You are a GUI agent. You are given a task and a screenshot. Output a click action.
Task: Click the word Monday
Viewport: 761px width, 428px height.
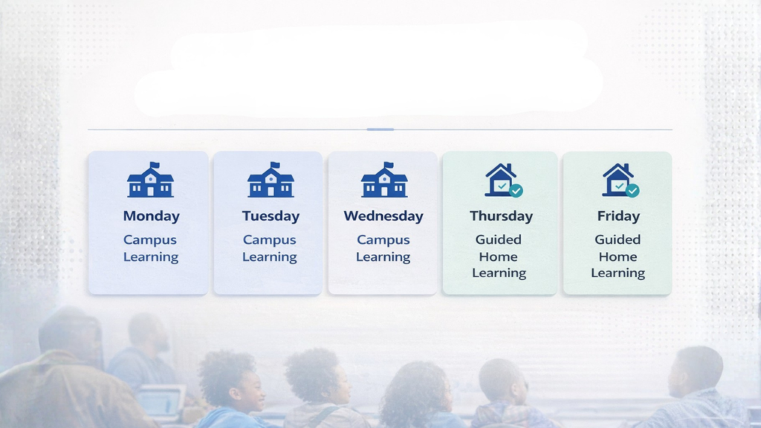[151, 216]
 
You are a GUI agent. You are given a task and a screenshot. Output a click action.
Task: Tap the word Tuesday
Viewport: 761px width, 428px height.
[271, 216]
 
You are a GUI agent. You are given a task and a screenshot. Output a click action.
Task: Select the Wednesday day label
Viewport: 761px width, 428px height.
[383, 216]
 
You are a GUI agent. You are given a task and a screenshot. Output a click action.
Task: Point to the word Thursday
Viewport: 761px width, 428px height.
[502, 216]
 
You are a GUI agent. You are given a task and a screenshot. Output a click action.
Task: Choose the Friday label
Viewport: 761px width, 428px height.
[618, 216]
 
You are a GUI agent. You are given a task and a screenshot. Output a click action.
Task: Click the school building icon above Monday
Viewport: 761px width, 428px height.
[150, 180]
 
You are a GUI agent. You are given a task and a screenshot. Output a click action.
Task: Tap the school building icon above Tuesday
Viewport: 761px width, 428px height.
[271, 180]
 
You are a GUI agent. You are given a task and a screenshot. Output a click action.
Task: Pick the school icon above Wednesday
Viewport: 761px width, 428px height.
[384, 180]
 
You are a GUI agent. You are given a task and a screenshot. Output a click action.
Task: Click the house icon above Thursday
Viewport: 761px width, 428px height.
[503, 180]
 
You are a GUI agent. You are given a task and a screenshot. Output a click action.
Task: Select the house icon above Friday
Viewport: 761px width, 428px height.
[621, 180]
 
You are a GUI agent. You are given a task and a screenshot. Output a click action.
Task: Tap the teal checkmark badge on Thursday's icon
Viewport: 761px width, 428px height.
[516, 191]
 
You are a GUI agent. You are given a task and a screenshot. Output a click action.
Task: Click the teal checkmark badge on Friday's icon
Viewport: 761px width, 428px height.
[632, 191]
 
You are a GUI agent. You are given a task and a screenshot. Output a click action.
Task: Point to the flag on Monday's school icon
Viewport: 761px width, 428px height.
[155, 165]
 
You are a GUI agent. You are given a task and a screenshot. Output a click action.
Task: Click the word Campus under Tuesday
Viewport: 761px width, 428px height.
[269, 240]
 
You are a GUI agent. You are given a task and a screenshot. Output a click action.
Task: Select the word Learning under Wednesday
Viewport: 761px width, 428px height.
[383, 256]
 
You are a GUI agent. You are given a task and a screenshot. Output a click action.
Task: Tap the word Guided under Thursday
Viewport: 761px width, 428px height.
[499, 240]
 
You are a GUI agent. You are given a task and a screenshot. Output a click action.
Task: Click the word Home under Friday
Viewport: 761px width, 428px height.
[618, 256]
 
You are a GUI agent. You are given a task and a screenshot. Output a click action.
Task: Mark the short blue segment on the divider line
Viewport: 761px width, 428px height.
[380, 129]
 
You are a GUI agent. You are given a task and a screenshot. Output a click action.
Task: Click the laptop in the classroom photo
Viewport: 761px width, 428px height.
[161, 402]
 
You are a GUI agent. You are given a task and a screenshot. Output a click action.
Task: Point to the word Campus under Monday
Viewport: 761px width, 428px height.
[150, 240]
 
